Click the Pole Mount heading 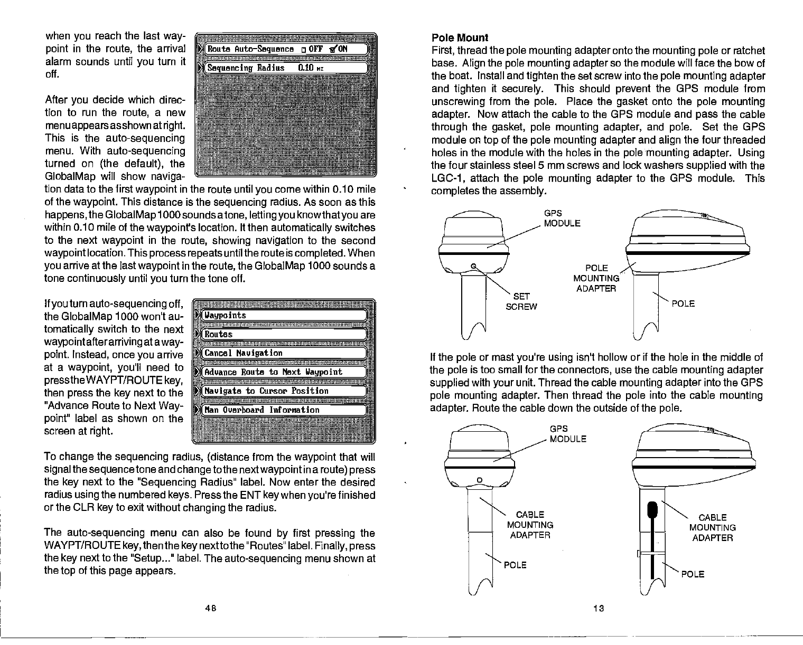460,37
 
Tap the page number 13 598,608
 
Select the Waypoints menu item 283,316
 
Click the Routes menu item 283,334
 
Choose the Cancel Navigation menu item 283,353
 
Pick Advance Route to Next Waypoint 283,372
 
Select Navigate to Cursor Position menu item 283,391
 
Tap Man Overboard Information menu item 283,410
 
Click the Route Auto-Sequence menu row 283,49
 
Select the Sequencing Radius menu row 283,68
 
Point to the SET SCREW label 521,301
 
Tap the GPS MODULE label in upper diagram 562,218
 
